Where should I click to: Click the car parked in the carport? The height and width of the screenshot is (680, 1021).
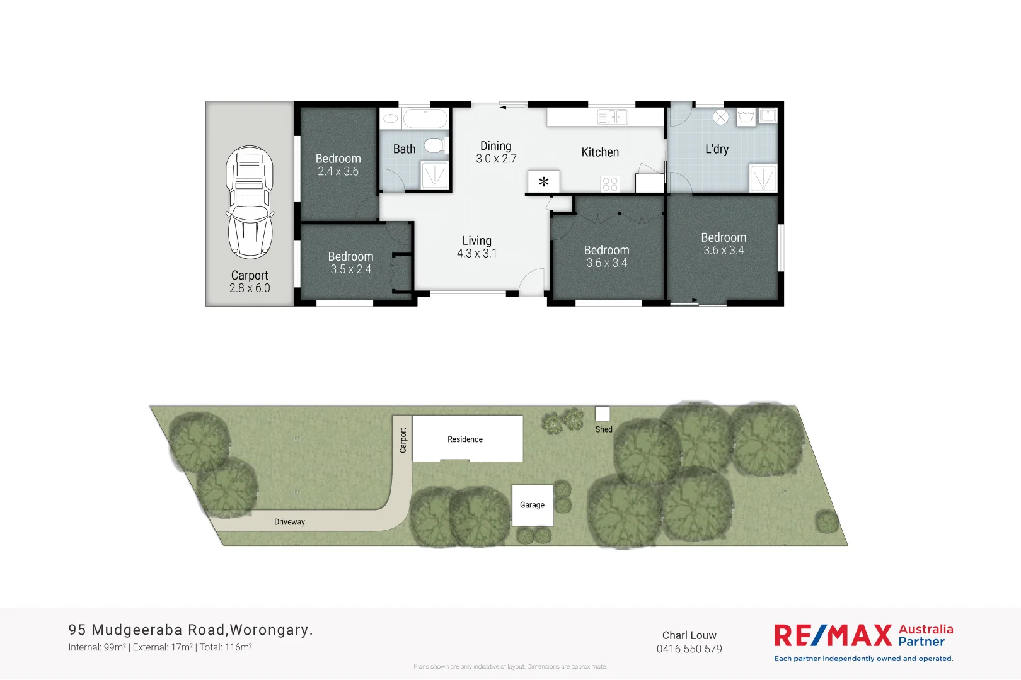tap(250, 202)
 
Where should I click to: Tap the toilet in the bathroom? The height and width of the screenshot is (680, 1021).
tap(434, 146)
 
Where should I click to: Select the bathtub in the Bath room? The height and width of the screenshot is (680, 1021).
tap(425, 118)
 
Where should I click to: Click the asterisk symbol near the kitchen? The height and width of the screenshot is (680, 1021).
tap(544, 183)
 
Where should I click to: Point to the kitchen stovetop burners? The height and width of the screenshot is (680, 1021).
tap(610, 184)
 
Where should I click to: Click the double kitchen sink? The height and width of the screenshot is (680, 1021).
tap(612, 116)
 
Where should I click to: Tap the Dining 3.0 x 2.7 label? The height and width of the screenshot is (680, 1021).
tap(496, 152)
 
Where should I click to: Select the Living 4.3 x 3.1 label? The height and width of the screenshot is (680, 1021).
tap(477, 247)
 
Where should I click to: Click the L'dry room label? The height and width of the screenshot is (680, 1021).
tap(717, 149)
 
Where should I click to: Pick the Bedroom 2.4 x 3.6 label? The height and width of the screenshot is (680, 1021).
tap(338, 165)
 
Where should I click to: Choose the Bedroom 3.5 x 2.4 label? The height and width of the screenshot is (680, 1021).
tap(351, 263)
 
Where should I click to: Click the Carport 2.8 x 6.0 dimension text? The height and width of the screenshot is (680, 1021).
tap(250, 288)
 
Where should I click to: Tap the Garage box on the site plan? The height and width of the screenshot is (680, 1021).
tap(533, 505)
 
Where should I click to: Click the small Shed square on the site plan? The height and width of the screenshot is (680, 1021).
tap(603, 414)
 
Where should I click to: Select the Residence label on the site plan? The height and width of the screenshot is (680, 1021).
tap(465, 439)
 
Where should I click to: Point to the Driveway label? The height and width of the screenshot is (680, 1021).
tap(289, 522)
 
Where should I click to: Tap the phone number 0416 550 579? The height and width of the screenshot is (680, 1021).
tap(689, 649)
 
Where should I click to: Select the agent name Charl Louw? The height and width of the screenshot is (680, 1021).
tap(689, 635)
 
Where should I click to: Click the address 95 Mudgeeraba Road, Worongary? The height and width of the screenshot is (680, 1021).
tap(190, 630)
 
